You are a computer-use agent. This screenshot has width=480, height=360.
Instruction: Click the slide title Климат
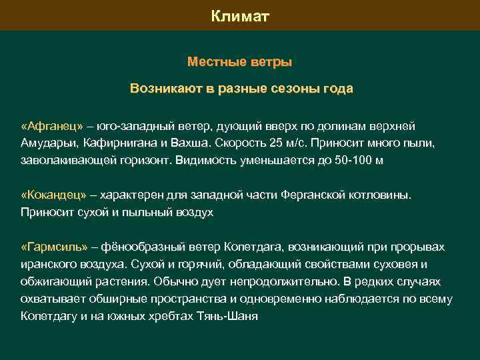tap(240, 15)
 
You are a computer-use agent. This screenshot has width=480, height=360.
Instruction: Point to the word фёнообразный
tap(139, 247)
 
